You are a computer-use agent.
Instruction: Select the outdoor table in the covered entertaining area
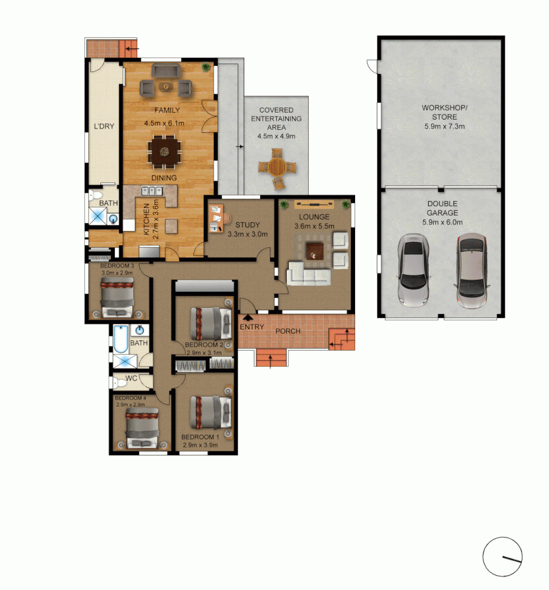[277, 167]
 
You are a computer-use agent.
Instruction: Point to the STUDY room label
[247, 225]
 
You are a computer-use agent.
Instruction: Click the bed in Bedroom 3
[117, 297]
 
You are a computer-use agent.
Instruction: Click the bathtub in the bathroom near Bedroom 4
[121, 339]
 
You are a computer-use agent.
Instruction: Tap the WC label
[131, 378]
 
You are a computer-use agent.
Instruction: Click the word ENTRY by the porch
[252, 327]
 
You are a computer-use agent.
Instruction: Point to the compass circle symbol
[503, 557]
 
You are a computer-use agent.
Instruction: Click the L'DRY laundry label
[104, 127]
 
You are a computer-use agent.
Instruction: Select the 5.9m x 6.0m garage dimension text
[442, 222]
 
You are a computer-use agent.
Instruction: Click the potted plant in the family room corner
[206, 68]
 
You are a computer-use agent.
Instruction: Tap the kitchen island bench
[171, 225]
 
